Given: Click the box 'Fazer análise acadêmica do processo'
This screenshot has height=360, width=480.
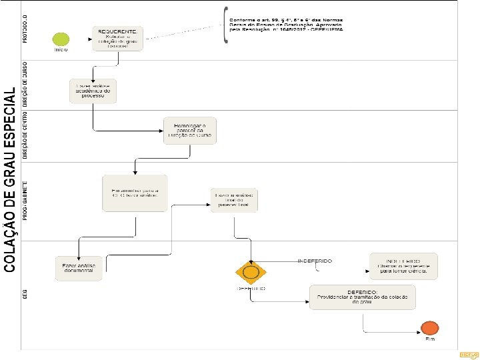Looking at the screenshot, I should click(93, 91).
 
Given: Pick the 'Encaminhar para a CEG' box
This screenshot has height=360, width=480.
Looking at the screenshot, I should click(135, 193).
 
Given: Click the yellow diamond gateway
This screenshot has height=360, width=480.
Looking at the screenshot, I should click(251, 273).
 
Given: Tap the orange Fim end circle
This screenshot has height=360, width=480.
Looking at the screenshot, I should click(430, 327).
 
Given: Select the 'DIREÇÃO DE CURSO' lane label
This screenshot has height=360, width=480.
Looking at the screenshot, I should click(25, 83).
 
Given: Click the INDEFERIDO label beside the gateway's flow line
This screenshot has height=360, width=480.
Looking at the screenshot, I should click(315, 261).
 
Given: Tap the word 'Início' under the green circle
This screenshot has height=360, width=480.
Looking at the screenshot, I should click(61, 50).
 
